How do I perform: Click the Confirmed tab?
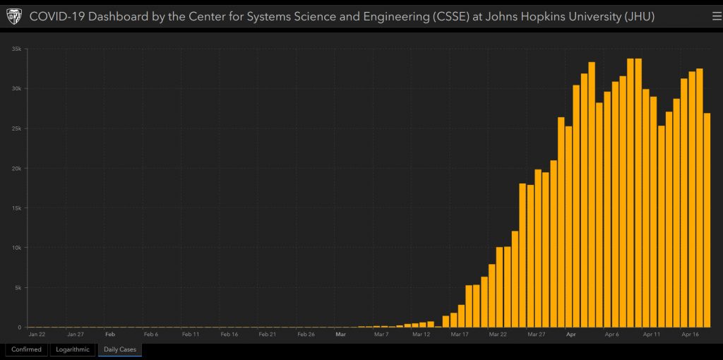click(26, 349)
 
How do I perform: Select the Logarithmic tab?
click(72, 349)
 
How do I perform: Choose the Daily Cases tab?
click(120, 349)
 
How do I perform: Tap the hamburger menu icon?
click(717, 16)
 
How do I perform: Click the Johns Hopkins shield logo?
click(14, 16)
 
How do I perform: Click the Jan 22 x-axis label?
click(37, 334)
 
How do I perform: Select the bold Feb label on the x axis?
click(109, 334)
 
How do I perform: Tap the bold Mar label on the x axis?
click(340, 334)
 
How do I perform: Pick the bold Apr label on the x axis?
click(571, 334)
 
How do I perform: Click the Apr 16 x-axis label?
click(691, 334)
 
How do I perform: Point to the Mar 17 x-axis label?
click(460, 334)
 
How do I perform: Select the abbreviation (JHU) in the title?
click(639, 16)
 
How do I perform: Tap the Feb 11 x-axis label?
click(191, 334)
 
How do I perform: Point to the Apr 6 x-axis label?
click(611, 334)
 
